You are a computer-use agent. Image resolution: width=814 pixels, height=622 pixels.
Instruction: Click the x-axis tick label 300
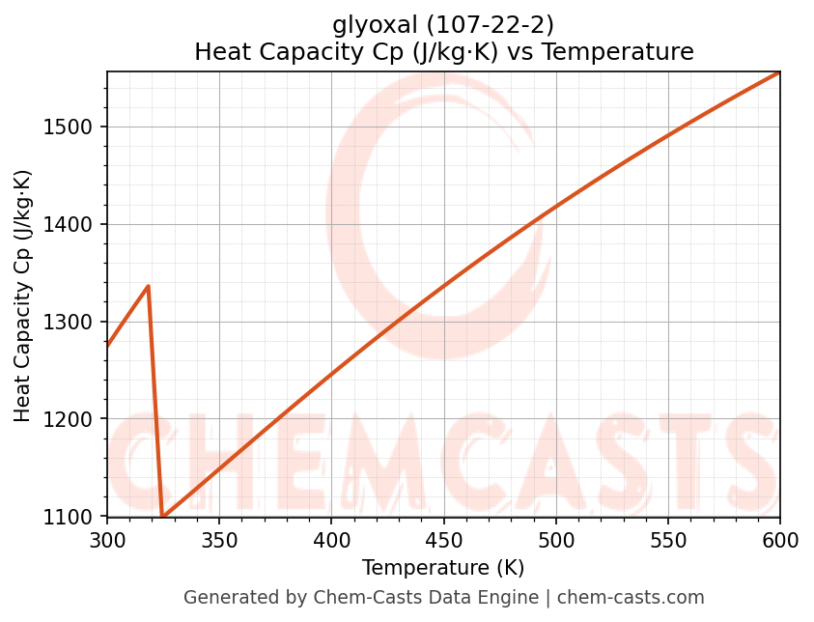(x=107, y=540)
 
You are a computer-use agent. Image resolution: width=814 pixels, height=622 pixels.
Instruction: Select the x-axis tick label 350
(x=219, y=540)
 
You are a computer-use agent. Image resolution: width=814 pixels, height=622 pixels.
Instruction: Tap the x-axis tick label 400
(x=331, y=540)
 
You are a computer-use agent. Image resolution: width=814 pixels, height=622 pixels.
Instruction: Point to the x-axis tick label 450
(x=443, y=540)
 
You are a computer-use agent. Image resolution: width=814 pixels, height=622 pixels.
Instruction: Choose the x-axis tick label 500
(x=555, y=540)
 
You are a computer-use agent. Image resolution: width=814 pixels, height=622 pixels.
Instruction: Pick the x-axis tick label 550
(x=667, y=540)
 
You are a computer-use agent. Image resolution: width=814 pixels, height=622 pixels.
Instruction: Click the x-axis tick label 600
(x=779, y=540)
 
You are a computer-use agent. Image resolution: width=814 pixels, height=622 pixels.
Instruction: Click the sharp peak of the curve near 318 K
(x=148, y=286)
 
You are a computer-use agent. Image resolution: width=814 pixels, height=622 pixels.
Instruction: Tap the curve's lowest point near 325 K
(x=163, y=517)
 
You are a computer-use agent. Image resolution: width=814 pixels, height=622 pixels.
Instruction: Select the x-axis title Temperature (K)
(x=443, y=568)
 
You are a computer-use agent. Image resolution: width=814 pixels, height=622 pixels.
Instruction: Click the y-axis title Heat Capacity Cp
(x=23, y=295)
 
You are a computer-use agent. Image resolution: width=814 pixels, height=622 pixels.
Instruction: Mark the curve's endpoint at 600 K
(x=779, y=72)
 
